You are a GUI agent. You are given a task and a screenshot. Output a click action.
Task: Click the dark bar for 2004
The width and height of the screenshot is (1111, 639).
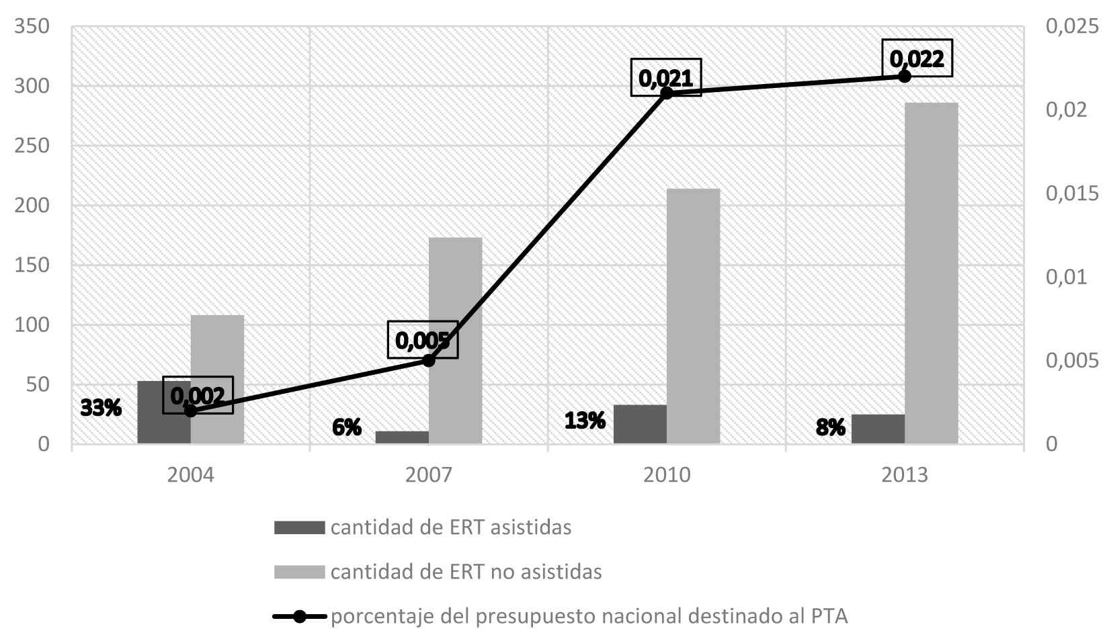click(x=163, y=412)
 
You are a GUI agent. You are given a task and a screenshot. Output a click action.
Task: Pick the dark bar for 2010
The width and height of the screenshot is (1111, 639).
click(x=640, y=424)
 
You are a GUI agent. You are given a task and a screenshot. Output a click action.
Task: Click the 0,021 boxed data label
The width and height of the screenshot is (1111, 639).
click(x=665, y=77)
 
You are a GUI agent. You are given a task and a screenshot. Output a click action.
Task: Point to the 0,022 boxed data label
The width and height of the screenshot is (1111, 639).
click(x=917, y=58)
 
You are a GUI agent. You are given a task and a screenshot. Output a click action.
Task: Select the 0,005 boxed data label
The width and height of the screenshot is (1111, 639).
click(x=422, y=339)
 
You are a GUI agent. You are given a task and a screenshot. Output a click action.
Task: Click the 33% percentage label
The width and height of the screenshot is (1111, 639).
click(x=101, y=407)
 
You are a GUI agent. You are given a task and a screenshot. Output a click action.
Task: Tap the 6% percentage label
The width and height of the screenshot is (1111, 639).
click(x=347, y=427)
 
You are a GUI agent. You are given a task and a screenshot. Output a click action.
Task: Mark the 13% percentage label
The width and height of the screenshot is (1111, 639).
click(x=585, y=421)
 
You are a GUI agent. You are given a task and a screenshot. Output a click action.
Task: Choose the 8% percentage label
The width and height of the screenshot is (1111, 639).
click(x=831, y=427)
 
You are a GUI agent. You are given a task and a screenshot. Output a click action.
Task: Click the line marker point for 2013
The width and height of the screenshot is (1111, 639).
click(x=904, y=76)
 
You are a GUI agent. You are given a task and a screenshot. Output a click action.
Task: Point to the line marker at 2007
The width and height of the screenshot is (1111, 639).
click(x=429, y=360)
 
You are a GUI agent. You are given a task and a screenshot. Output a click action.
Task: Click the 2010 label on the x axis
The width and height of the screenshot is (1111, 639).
click(x=666, y=475)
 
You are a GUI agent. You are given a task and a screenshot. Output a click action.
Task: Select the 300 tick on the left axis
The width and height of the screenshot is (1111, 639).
click(x=34, y=86)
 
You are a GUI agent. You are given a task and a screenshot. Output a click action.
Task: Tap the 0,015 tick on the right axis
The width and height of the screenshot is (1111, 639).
click(x=1072, y=194)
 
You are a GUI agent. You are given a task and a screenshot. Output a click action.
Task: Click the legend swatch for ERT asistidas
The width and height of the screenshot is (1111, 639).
click(x=299, y=527)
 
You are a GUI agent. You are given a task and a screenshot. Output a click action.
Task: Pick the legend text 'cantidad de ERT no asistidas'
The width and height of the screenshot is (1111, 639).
click(x=466, y=572)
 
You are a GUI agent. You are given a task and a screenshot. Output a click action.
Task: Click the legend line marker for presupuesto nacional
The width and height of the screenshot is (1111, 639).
click(x=299, y=616)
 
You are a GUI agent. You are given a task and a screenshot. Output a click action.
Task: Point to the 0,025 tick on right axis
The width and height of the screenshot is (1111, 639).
click(x=1072, y=26)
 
